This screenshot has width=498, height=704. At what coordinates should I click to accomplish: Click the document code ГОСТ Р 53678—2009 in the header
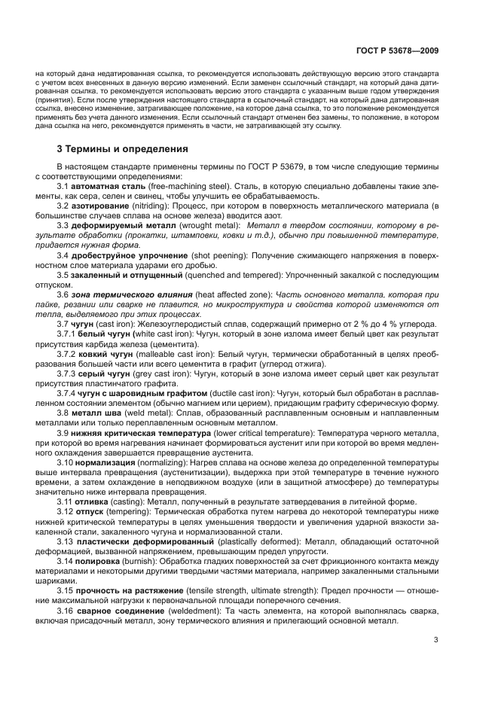399,50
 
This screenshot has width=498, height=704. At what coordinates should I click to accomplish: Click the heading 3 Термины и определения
123,148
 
